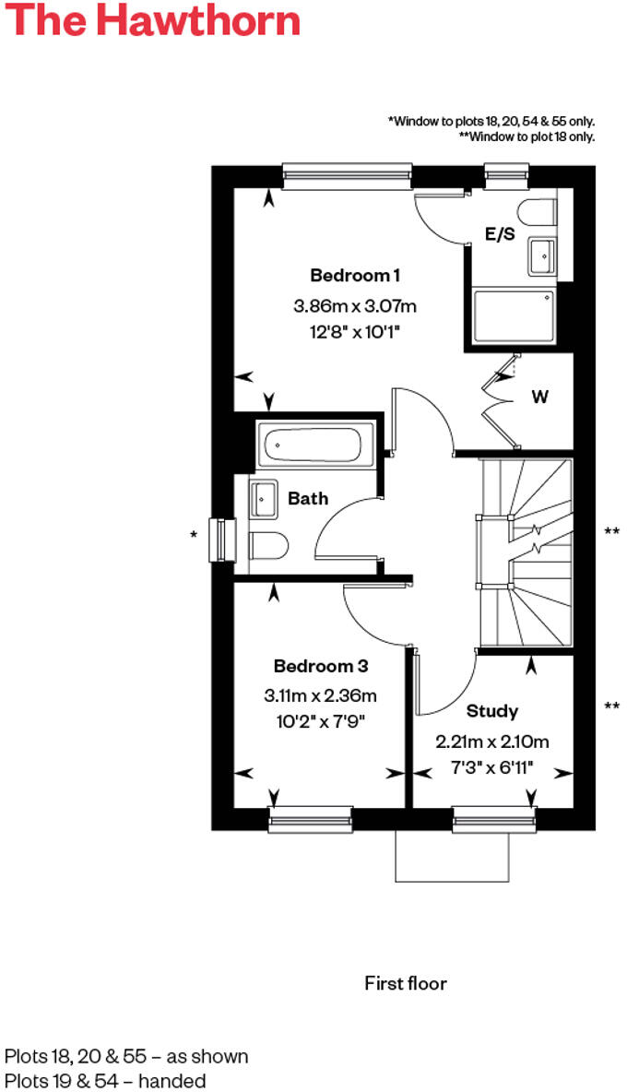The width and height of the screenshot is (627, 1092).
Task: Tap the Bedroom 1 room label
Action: coord(355,275)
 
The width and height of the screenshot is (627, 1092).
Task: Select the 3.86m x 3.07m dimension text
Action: coord(355,305)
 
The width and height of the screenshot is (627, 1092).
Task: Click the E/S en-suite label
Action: coord(500,234)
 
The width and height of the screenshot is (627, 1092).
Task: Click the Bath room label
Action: coord(308,499)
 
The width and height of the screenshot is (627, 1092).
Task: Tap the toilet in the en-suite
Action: coord(538,213)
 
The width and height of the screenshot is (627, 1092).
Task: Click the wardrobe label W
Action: coord(540,398)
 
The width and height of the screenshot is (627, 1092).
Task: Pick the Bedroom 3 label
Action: coord(321,666)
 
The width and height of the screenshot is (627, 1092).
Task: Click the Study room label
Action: coord(491,711)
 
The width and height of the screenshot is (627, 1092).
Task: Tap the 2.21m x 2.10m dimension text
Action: coord(491,742)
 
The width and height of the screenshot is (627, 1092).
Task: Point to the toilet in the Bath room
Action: coord(267,546)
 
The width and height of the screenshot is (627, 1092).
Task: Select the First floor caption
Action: coord(406,983)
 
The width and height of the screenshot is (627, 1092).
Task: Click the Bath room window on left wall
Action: coord(222,540)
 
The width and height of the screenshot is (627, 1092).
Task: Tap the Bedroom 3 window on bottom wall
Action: coord(311,819)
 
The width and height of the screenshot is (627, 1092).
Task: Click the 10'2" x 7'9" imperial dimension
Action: coord(321,722)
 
